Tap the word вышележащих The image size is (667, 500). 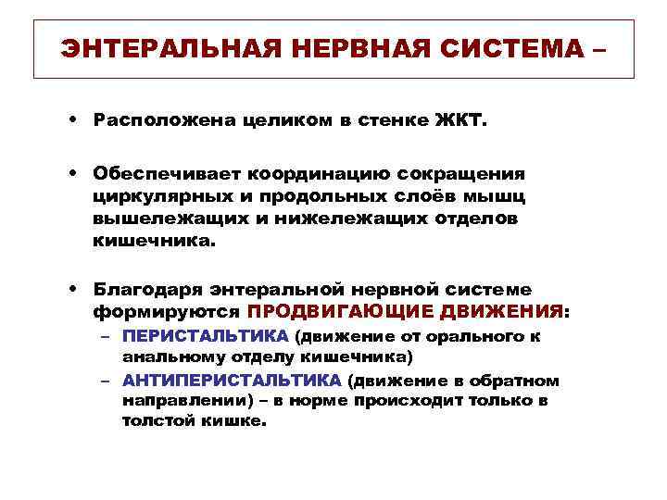coord(151,219)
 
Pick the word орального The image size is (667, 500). coord(482,336)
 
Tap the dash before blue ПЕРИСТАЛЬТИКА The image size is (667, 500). coord(107,336)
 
